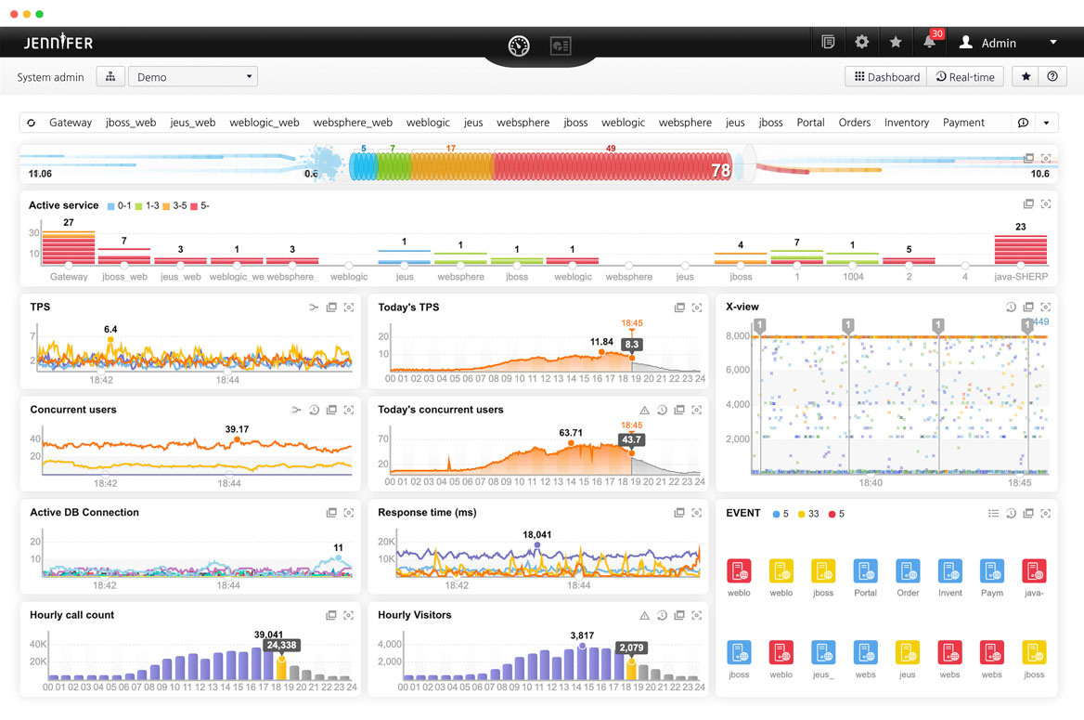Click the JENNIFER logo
[x=58, y=43]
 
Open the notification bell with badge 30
[x=929, y=42]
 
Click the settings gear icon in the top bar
[x=862, y=42]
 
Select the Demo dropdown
[x=193, y=77]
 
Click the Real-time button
[x=965, y=77]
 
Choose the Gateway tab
[x=71, y=123]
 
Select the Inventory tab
[x=906, y=123]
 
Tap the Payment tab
[x=963, y=123]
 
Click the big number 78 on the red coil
[x=720, y=171]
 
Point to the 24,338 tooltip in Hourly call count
[x=281, y=645]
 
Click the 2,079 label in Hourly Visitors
[x=631, y=648]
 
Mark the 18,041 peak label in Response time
[x=537, y=535]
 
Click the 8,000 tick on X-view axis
[x=738, y=336]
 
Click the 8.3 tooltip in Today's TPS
[x=632, y=344]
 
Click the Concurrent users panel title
[x=73, y=410]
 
